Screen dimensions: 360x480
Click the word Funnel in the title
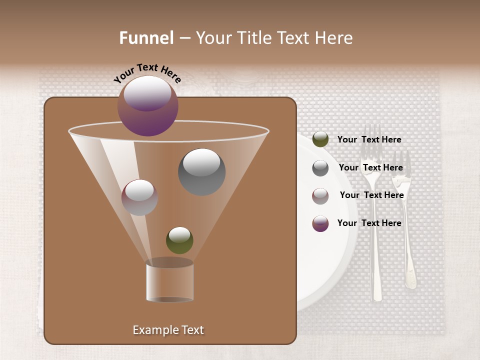pos(146,37)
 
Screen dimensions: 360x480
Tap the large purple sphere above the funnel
pos(148,105)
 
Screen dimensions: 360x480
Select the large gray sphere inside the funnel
pos(201,171)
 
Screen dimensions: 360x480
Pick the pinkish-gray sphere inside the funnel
pos(139,197)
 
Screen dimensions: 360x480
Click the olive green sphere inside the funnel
pos(179,240)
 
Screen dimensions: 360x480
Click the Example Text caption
pos(168,330)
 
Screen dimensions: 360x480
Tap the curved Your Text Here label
pos(147,73)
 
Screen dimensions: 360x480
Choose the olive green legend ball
pos(320,139)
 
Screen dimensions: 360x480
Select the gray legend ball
pos(320,167)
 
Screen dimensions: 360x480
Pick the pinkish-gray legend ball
pos(320,195)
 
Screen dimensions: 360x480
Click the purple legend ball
pos(320,223)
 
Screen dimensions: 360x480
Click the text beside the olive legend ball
pos(369,139)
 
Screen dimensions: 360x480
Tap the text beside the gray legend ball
pos(370,167)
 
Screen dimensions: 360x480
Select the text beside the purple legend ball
pos(369,223)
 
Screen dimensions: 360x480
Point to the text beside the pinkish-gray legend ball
pos(371,195)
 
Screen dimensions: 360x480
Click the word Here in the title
pos(334,37)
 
